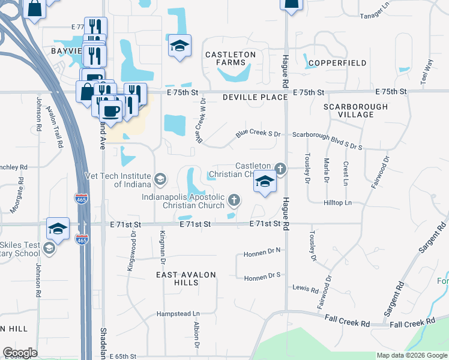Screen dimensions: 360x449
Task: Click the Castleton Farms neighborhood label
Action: click(x=231, y=58)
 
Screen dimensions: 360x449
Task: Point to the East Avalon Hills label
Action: click(x=185, y=279)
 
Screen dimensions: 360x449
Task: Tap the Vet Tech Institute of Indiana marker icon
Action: click(x=160, y=179)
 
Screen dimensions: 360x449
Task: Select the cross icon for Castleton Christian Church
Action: click(x=280, y=168)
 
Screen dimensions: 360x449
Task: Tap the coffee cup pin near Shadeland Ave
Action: click(x=110, y=110)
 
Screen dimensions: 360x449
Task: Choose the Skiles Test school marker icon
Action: click(x=49, y=248)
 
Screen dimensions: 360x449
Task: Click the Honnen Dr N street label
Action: click(x=262, y=254)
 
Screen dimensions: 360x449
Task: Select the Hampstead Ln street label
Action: click(x=178, y=314)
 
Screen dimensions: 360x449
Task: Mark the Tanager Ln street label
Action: click(x=375, y=16)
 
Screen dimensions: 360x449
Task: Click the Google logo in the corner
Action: click(x=20, y=352)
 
